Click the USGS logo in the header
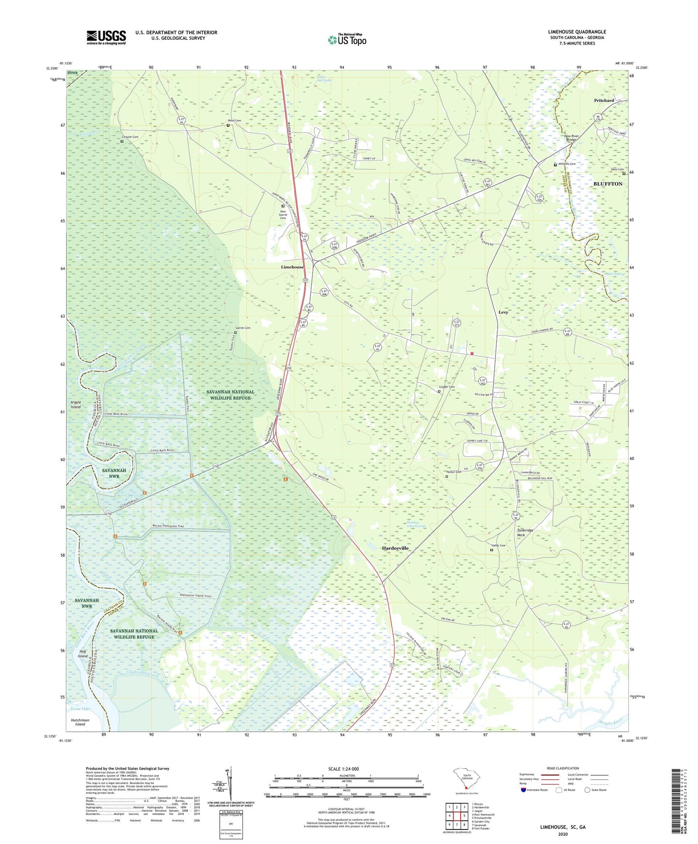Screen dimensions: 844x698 106,37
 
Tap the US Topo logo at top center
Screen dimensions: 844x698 347,40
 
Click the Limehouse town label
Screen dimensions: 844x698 292,267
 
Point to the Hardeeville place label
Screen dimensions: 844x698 396,548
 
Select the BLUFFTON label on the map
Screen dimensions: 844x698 608,184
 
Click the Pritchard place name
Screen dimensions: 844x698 604,101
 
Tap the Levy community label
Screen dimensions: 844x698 503,312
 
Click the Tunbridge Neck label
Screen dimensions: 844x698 525,533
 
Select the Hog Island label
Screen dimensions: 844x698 83,654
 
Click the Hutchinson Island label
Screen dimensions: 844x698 80,722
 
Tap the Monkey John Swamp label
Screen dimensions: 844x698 416,524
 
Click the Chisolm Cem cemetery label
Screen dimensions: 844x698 129,137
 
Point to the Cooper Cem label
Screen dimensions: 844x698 446,387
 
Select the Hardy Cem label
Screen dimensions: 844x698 499,546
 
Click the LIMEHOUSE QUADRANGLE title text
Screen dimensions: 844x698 577,32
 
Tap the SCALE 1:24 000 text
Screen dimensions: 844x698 343,769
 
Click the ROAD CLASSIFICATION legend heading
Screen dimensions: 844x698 563,768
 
